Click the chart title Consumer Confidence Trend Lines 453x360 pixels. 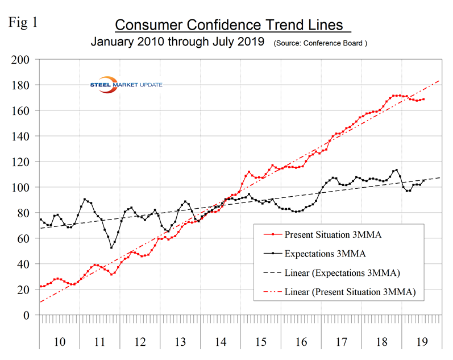229,25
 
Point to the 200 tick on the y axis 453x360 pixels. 24,59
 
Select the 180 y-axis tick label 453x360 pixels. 24,85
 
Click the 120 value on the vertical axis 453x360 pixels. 24,162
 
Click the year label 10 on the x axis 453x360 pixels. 59,342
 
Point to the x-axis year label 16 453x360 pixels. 302,342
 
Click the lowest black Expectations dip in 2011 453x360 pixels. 111,247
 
